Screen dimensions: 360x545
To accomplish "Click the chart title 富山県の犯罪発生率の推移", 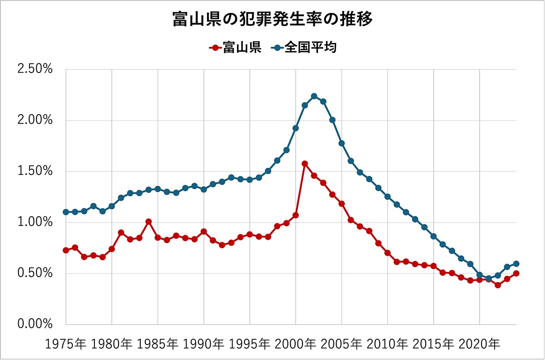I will point(272,20).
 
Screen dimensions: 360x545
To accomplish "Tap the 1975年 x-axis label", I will point(66,344).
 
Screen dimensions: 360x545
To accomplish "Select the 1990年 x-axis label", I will point(204,344).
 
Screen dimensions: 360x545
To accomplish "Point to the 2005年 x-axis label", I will point(342,344).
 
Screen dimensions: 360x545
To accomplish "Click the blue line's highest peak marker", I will point(314,96).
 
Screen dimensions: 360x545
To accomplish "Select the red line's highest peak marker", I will point(305,164).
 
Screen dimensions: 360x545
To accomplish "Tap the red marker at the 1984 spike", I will point(149,222).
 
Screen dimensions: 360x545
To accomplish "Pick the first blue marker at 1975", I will point(66,212).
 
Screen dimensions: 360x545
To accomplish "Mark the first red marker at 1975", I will point(66,250).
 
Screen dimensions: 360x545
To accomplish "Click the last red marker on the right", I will point(516,273).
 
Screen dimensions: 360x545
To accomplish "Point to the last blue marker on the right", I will point(516,264).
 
